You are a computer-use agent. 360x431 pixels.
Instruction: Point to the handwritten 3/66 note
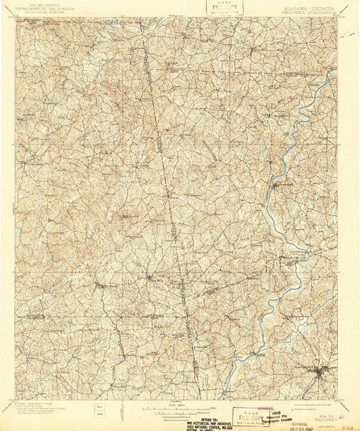(x=348, y=426)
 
